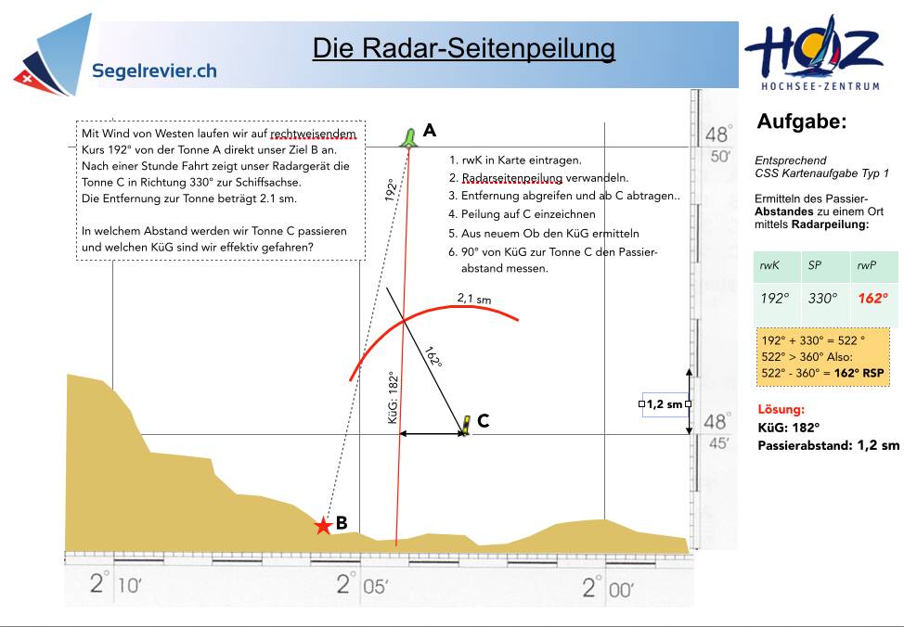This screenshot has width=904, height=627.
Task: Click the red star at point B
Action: click(x=323, y=525)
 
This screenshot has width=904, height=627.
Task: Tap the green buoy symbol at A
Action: click(x=408, y=137)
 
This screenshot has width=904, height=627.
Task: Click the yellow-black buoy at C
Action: click(x=465, y=425)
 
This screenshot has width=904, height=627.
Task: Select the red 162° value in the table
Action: click(x=872, y=298)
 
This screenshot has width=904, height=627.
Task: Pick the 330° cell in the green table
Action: click(x=822, y=298)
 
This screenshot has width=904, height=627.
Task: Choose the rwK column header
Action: click(x=769, y=265)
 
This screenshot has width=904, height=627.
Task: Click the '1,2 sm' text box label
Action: click(x=665, y=404)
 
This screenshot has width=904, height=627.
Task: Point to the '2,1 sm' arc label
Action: click(x=474, y=299)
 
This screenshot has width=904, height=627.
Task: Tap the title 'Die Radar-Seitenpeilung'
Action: click(x=463, y=48)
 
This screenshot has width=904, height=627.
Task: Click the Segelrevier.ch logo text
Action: click(x=154, y=70)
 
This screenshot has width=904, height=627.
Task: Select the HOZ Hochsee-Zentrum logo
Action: click(x=814, y=53)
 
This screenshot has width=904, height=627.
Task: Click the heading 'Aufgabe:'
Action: click(x=801, y=121)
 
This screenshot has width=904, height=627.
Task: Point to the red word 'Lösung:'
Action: click(x=781, y=409)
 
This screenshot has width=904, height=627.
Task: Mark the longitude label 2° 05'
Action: click(x=362, y=584)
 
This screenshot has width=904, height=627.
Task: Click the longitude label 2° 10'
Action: click(x=115, y=583)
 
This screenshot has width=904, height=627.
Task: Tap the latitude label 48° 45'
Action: click(x=717, y=431)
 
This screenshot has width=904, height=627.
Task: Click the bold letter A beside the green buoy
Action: click(x=430, y=130)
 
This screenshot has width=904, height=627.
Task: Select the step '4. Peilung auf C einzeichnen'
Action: click(x=522, y=214)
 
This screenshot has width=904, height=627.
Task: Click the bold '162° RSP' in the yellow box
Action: click(x=859, y=373)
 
